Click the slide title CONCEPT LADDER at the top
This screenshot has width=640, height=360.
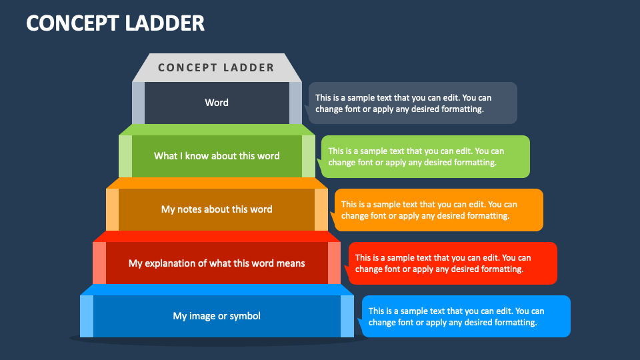[x=115, y=23]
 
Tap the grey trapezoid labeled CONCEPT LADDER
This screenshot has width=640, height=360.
[x=217, y=68]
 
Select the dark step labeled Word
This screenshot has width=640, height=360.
[x=217, y=103]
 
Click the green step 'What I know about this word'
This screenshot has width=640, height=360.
[x=217, y=156]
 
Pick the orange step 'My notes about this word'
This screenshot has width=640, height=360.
[x=217, y=210]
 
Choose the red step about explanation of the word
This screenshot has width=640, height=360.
[x=217, y=263]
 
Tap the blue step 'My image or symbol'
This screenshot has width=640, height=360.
[x=217, y=316]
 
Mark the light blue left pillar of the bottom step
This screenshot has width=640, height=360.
[x=87, y=316]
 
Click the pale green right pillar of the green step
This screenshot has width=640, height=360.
[x=309, y=156]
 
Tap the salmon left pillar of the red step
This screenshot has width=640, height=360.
[x=99, y=263]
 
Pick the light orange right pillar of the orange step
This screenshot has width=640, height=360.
[x=321, y=210]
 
